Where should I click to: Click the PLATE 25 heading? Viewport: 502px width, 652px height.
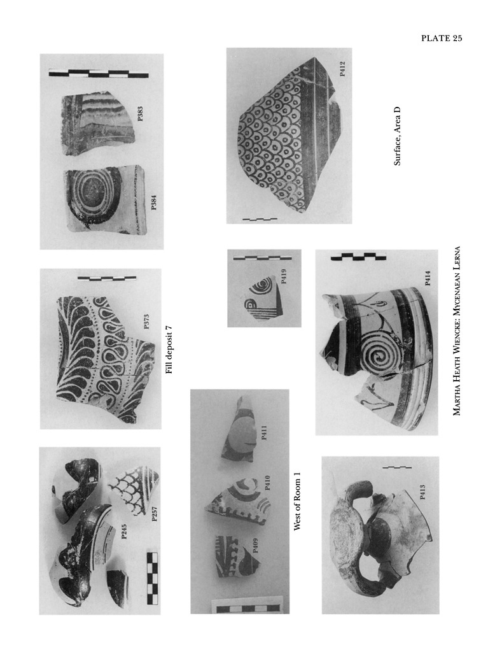[x=442, y=38]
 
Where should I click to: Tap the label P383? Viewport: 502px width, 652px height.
[x=140, y=114]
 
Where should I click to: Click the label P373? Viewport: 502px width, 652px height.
[x=146, y=322]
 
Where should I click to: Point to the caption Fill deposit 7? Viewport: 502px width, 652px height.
[x=169, y=350]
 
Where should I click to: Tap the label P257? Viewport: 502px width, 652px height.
[x=154, y=514]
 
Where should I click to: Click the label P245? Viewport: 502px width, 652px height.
[x=124, y=532]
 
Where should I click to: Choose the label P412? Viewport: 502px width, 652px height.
[x=342, y=69]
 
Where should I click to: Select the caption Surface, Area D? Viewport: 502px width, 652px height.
[x=397, y=136]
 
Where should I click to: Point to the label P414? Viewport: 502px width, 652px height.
[x=427, y=278]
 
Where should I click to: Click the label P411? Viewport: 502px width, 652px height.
[x=263, y=433]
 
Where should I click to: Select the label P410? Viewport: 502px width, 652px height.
[x=267, y=483]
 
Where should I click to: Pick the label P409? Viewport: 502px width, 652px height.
[x=255, y=545]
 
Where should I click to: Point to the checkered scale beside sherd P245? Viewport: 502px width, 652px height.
[x=152, y=578]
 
